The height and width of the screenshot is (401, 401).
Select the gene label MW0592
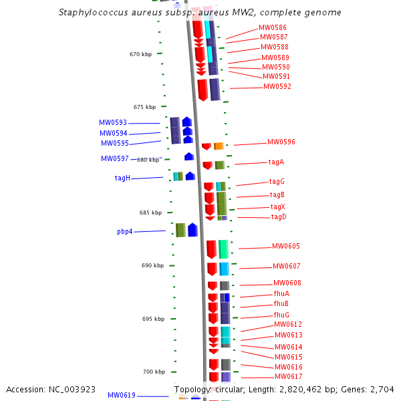[277, 87]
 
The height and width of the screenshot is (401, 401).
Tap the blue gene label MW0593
[113, 123]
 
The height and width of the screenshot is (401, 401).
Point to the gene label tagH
[122, 178]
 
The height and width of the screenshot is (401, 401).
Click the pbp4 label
[125, 232]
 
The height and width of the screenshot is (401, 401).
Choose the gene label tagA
[276, 162]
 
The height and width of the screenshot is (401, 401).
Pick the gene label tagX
[277, 207]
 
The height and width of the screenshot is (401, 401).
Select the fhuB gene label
[281, 304]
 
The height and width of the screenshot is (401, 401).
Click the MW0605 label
[286, 247]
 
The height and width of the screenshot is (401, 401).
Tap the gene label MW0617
[289, 377]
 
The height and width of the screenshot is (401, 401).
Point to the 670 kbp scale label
[140, 54]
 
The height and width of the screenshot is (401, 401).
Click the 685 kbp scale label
[150, 213]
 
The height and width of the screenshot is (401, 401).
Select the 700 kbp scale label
[153, 372]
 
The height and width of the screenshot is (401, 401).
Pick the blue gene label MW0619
[122, 396]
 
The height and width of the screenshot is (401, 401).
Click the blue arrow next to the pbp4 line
[192, 230]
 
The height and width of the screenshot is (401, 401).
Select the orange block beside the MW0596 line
[219, 146]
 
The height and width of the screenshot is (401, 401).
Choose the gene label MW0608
[287, 283]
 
